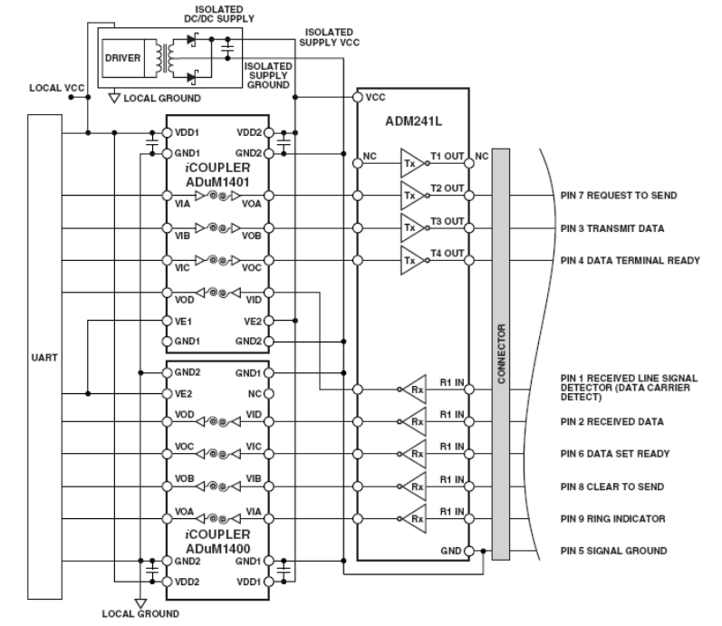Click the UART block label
(44, 357)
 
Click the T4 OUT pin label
(448, 253)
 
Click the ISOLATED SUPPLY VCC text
(323, 35)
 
